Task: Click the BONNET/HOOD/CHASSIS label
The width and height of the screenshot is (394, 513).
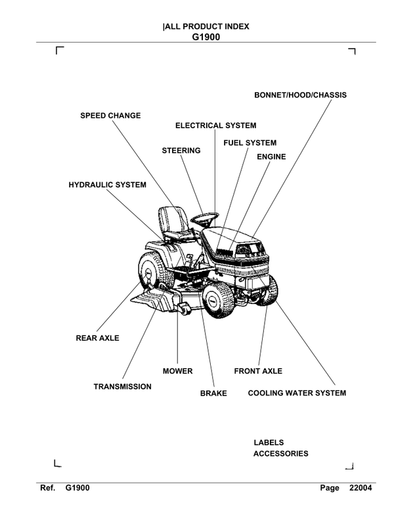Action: pos(300,95)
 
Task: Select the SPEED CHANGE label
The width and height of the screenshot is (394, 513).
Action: pos(110,116)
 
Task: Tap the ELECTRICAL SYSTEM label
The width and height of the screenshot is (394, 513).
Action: pos(215,126)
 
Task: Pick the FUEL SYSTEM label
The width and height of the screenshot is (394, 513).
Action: pos(250,143)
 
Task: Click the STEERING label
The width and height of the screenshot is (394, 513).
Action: pos(181,151)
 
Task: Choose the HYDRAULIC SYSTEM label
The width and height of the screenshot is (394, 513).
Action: pos(107,185)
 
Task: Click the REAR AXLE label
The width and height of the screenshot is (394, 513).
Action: pos(98,338)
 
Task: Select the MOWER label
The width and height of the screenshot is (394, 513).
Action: pos(177,371)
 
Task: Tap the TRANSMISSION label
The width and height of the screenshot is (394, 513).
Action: pos(122,387)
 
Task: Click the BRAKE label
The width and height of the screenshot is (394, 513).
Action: pos(213,393)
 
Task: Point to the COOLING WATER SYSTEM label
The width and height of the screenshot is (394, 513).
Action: pos(296,393)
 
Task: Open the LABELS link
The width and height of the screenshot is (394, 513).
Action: pos(269,443)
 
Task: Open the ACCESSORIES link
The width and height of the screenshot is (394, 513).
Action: pos(280,454)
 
